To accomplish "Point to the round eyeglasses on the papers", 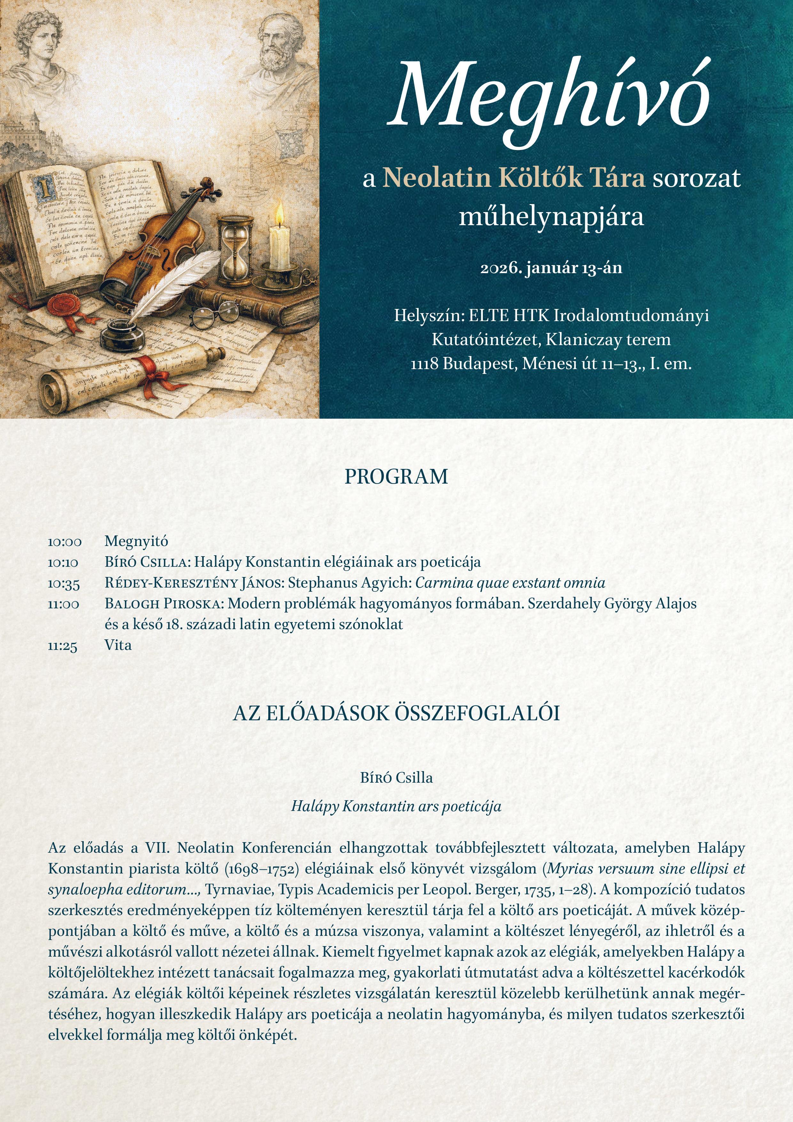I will tap(215, 315).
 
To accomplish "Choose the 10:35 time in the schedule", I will tap(64, 583).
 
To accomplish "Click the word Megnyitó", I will tap(136, 541).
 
